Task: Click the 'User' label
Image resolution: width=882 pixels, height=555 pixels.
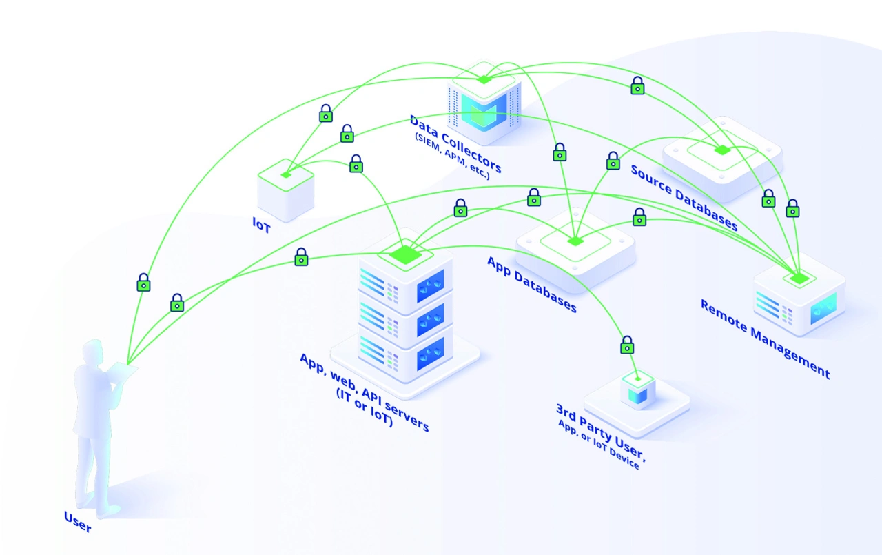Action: click(x=77, y=521)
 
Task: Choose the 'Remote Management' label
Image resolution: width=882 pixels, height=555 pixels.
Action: click(x=765, y=339)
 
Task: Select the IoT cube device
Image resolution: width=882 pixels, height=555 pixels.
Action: click(x=285, y=189)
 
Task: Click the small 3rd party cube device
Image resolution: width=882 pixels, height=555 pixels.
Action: click(x=637, y=390)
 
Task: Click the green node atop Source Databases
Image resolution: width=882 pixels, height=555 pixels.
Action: click(x=721, y=150)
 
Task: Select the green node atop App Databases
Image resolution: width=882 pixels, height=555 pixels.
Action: click(x=574, y=241)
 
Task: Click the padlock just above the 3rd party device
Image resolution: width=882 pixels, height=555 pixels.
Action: click(x=627, y=344)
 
